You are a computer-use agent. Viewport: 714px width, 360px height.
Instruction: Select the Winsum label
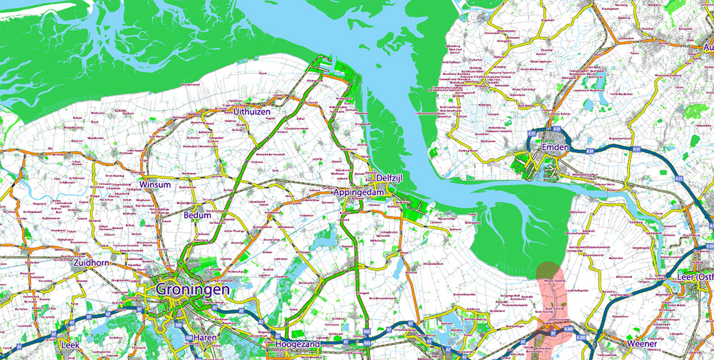[156, 185]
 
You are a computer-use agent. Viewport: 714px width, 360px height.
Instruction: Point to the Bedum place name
[198, 215]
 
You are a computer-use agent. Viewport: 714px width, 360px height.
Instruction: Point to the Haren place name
[208, 337]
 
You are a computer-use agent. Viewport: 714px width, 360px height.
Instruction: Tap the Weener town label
[641, 344]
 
